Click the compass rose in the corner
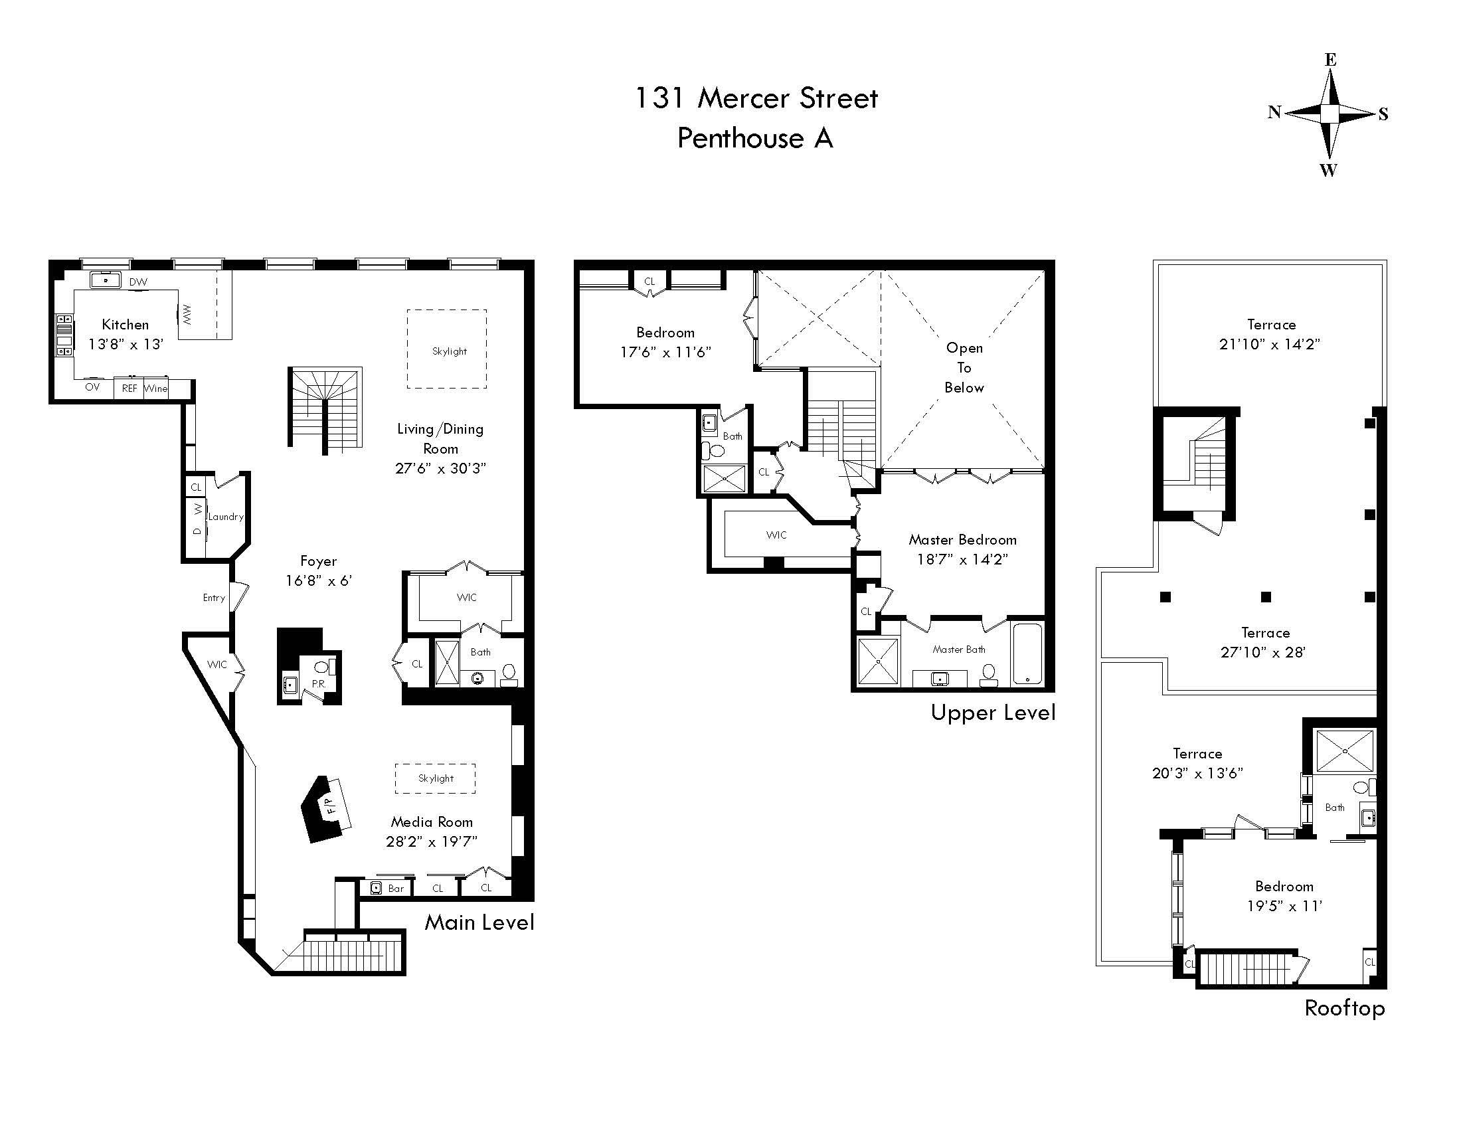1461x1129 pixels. [1330, 114]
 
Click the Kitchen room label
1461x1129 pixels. [125, 325]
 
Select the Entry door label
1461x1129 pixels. [214, 598]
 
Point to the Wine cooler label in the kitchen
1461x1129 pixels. [156, 389]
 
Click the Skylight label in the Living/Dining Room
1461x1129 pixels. [449, 351]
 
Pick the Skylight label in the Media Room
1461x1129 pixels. [436, 778]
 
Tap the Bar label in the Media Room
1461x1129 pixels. [396, 889]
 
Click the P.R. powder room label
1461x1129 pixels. [318, 684]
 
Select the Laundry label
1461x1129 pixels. [225, 516]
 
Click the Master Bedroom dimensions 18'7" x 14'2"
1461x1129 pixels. [962, 559]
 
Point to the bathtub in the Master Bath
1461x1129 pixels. [1027, 653]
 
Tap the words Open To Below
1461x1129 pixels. [964, 367]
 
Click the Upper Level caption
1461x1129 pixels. [993, 713]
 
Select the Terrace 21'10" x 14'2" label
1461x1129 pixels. [1270, 335]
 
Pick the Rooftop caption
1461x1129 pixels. [1344, 1008]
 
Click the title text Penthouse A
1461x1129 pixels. [754, 138]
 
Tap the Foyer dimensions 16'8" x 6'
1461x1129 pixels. [318, 580]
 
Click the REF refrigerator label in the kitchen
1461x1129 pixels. [129, 389]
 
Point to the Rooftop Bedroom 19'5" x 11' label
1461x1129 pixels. [1284, 897]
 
